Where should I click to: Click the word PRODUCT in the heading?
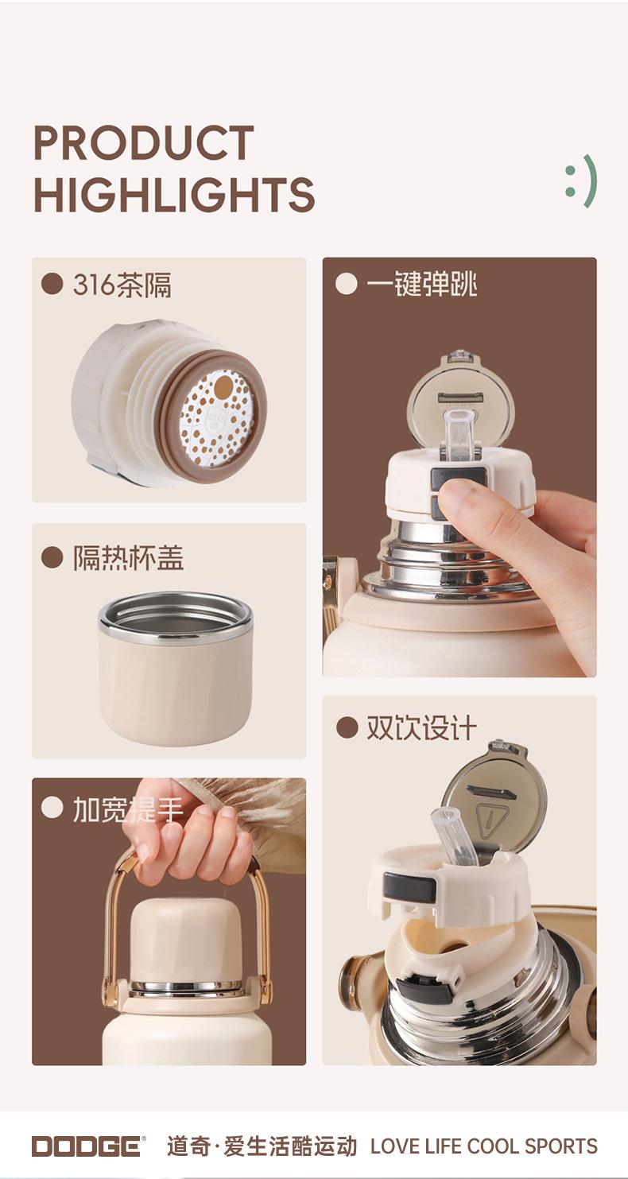[144, 142]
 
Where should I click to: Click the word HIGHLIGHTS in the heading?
[174, 194]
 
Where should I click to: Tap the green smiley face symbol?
[582, 181]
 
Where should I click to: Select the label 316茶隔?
[122, 285]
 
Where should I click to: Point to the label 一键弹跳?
[421, 285]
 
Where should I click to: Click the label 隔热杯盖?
[128, 558]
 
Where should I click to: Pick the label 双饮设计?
[421, 728]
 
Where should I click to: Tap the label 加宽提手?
[128, 809]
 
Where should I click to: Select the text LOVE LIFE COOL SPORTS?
[484, 1146]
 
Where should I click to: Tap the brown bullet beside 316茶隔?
[52, 285]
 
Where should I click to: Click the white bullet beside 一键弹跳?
[346, 285]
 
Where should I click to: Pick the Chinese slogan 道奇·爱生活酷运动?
[262, 1146]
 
